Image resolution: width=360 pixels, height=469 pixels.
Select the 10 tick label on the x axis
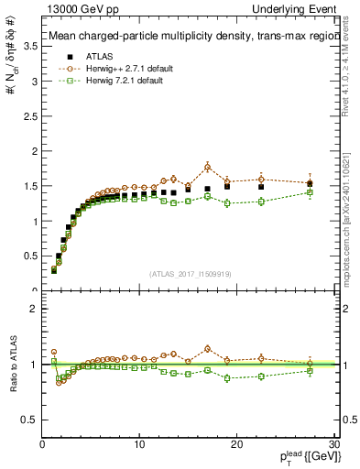139,444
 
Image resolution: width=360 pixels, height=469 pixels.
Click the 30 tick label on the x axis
333,444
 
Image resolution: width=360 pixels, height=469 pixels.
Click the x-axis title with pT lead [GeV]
303,458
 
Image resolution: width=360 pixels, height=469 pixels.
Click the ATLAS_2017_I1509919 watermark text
189,273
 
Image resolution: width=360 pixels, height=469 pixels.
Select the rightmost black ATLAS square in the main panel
310,184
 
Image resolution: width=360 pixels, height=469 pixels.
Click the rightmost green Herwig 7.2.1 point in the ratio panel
310,371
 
